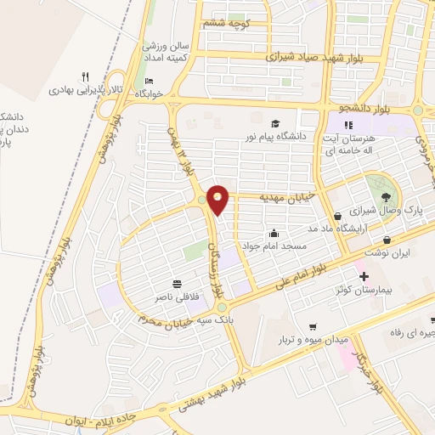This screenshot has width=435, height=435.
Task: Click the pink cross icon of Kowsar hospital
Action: click(x=364, y=277)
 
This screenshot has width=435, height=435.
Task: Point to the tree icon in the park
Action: click(x=387, y=194)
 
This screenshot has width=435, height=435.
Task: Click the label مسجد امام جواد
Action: click(x=274, y=246)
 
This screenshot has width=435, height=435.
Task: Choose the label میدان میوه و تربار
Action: click(x=313, y=339)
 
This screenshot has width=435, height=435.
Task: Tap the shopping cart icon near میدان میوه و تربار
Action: click(x=313, y=326)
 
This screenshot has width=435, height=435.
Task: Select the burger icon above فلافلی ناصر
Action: click(x=177, y=283)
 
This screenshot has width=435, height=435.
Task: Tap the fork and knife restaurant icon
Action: click(x=84, y=76)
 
